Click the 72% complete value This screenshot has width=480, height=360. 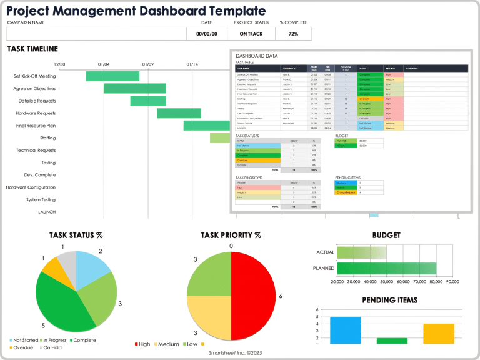[x=293, y=34]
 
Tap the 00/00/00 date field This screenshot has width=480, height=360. [x=206, y=34]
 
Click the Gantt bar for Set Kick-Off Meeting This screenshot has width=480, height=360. [x=112, y=76]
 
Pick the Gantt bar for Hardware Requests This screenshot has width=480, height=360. [x=179, y=113]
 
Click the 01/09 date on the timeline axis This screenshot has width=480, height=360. [x=148, y=64]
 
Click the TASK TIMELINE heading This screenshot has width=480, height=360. [x=32, y=49]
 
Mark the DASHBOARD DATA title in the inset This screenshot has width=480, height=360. [x=256, y=56]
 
